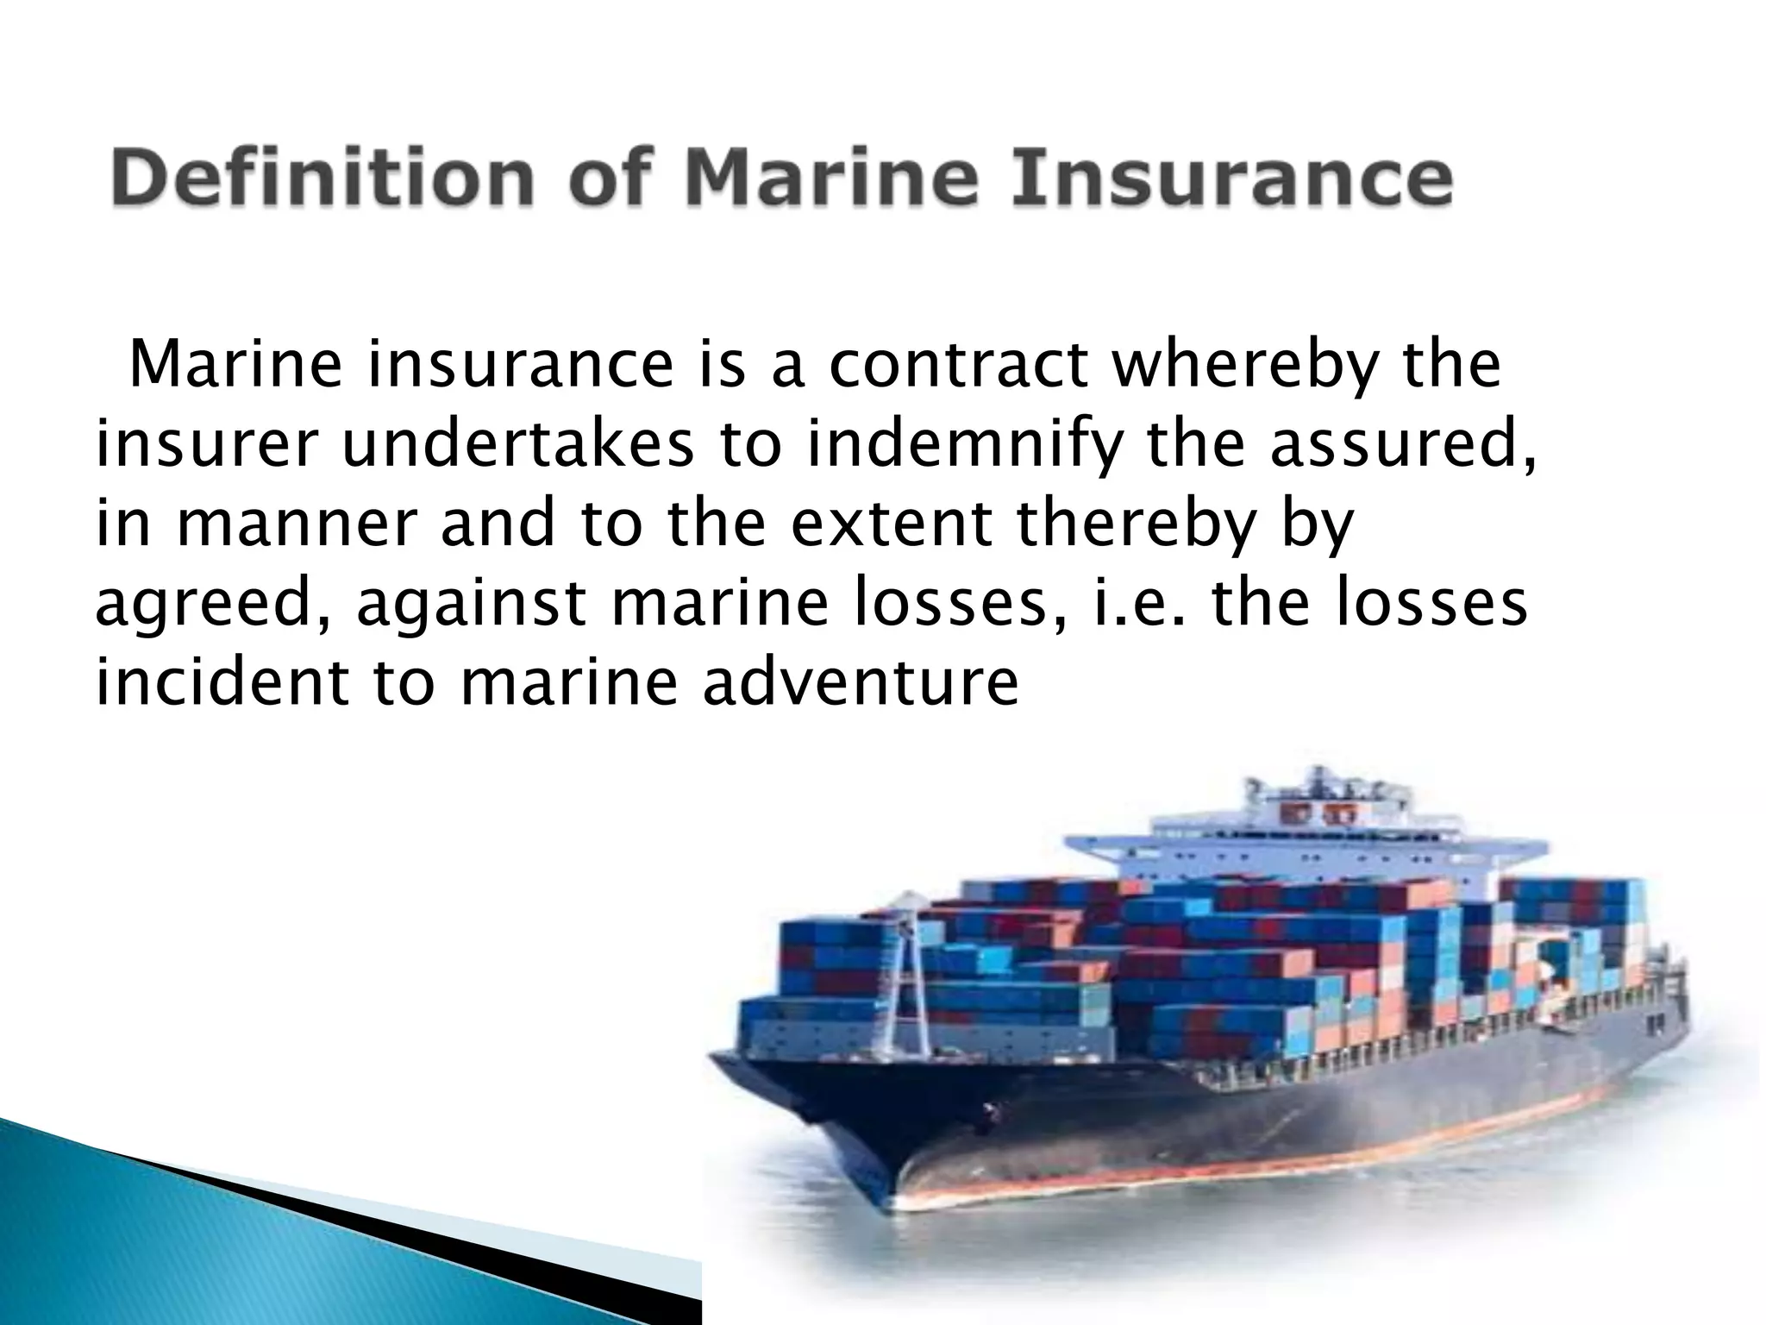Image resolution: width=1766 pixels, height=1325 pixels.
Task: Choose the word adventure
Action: [860, 683]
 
